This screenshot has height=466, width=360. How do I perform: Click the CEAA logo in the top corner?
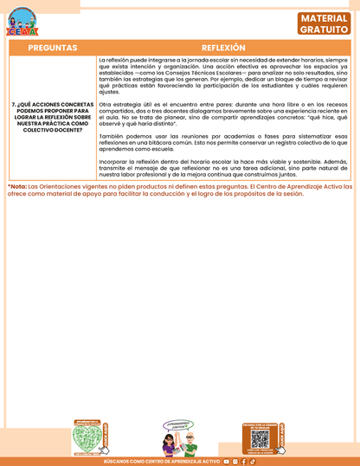[x=22, y=23]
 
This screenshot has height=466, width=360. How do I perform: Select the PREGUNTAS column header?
[x=52, y=48]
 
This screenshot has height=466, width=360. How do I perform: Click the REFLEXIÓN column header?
[x=223, y=48]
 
